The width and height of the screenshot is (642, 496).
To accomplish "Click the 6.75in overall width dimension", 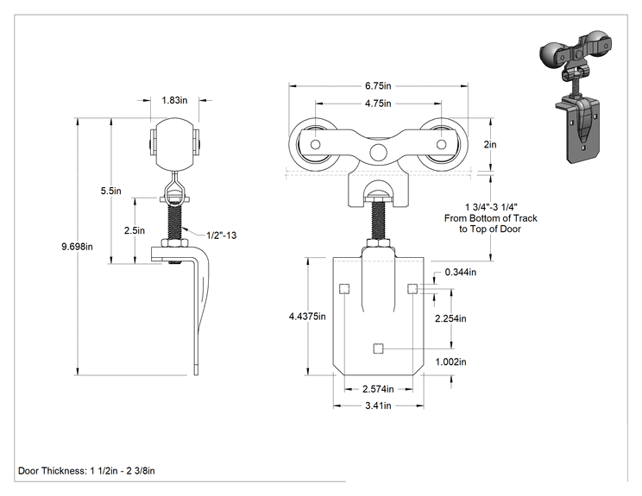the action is coord(378,86).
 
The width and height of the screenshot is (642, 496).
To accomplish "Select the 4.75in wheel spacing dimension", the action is coord(378,104).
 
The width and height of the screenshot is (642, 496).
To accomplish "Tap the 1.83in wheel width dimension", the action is coord(174,100).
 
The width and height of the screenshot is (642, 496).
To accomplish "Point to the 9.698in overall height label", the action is coord(78,247).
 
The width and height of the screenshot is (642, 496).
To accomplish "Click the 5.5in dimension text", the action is coord(111,191).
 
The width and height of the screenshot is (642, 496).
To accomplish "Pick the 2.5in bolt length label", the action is coord(135,230).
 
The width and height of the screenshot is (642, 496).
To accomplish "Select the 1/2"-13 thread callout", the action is coord(222,235).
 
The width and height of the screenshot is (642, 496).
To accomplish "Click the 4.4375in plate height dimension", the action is coord(307,317).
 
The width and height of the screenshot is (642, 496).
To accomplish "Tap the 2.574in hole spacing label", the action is coord(378,389).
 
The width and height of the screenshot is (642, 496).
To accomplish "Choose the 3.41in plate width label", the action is coord(378,405).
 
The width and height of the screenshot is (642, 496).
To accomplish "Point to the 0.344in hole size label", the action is coord(461,272).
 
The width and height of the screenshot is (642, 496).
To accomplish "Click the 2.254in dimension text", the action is coord(450,318).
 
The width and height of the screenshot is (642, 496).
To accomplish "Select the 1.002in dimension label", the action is coord(450,361).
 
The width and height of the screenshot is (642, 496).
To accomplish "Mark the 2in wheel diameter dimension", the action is coord(490,144).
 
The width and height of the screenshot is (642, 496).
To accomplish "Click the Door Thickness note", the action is coord(86,471).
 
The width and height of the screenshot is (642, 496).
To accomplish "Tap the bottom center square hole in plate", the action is coord(378,348).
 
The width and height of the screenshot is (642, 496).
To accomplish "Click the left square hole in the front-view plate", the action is coord(344,289).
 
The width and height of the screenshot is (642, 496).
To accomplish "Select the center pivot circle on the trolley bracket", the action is coord(378,152).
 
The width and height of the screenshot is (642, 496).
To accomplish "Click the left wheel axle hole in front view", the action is coord(315,144).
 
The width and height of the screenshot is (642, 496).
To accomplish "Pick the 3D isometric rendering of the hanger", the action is coord(576,97).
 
